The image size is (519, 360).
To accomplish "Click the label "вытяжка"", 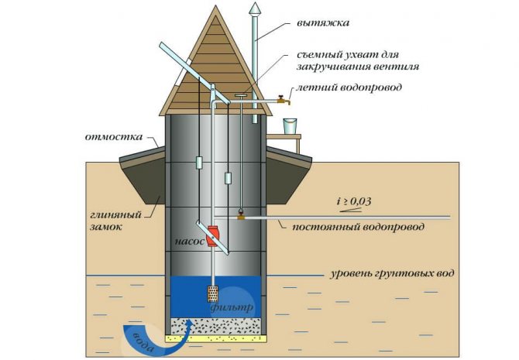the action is pyautogui.click(x=323, y=23).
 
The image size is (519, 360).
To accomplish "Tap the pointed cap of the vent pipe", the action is pyautogui.click(x=254, y=9).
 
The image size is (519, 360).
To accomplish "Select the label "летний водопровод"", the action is pyautogui.click(x=349, y=87).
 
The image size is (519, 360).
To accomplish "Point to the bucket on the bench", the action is pyautogui.click(x=290, y=126).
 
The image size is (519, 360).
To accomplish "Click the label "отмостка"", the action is pyautogui.click(x=114, y=137).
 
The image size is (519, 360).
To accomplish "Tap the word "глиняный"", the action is pyautogui.click(x=116, y=215).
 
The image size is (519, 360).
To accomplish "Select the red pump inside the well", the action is pyautogui.click(x=211, y=236).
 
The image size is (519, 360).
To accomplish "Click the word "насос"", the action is pyautogui.click(x=190, y=242).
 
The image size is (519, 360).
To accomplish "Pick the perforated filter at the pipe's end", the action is pyautogui.click(x=212, y=294).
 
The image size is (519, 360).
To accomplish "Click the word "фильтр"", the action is pyautogui.click(x=232, y=307).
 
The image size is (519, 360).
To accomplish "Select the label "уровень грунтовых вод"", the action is pyautogui.click(x=392, y=274).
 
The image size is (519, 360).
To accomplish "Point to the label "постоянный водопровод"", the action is pyautogui.click(x=358, y=228).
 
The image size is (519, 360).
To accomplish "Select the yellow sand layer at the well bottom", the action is pyautogui.click(x=216, y=338).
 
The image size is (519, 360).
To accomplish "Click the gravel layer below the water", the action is pyautogui.click(x=216, y=327).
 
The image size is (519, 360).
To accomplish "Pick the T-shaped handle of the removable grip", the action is pyautogui.click(x=241, y=96).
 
